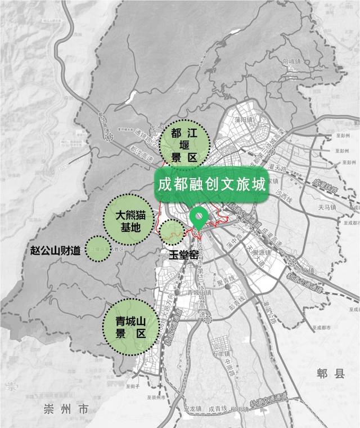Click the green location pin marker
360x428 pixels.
199,217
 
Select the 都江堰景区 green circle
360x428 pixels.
184,144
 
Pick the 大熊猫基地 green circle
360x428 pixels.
129,220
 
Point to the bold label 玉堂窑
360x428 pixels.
184,255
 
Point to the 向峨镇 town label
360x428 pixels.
292,61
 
